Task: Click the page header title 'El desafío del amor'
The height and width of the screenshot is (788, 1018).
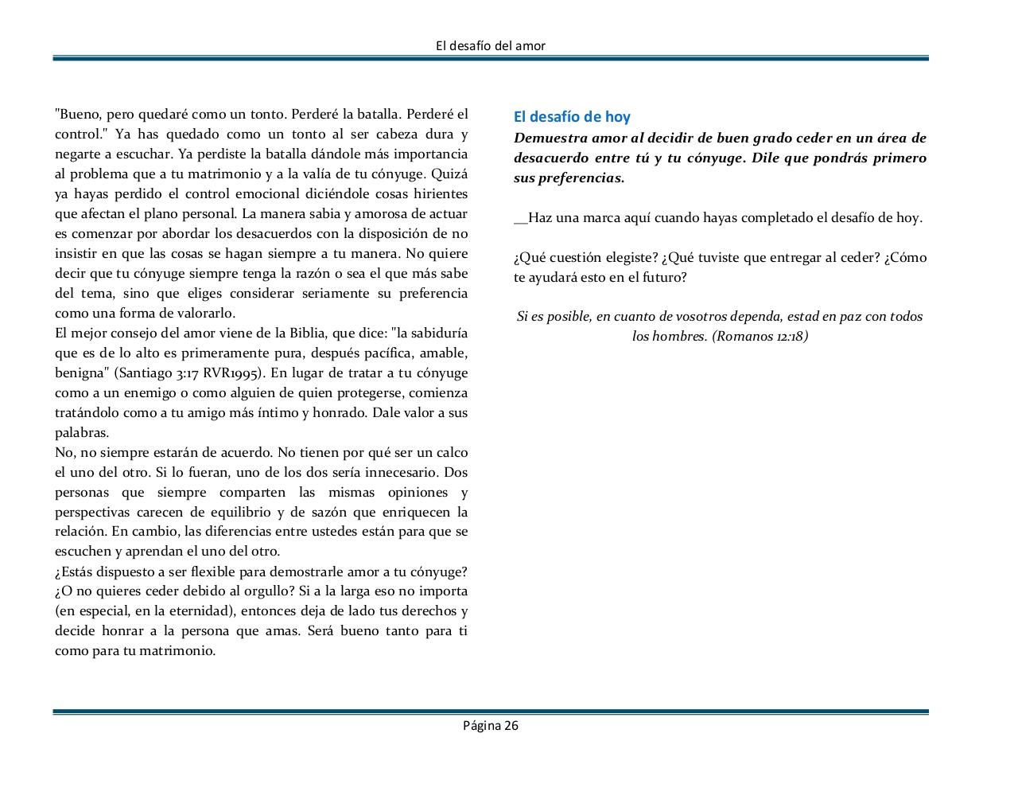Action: pos(491,46)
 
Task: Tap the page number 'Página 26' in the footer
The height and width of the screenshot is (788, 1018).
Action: pos(491,725)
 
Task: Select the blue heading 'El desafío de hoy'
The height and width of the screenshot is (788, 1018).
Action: pos(572,117)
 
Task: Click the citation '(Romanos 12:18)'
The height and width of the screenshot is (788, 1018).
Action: pos(760,336)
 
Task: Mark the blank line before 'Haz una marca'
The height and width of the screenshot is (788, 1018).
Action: pos(520,218)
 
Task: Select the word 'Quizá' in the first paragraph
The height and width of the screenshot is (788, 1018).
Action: pos(451,174)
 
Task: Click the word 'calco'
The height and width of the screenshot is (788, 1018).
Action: pos(451,453)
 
